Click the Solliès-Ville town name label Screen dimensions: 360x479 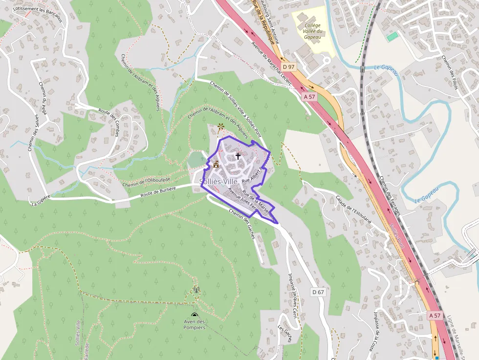coord(218,182)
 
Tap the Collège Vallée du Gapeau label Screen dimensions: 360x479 coord(312,31)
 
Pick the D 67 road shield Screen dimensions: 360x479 coord(318,292)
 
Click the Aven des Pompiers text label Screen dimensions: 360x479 coord(195,324)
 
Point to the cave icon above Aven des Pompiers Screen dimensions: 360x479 coord(195,315)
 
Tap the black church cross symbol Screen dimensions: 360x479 coord(238,156)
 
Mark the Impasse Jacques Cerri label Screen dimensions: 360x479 coord(293,295)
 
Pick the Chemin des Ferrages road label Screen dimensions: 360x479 coord(390,195)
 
